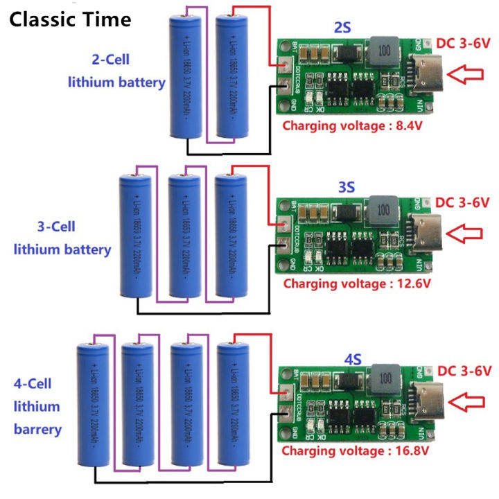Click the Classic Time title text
70,19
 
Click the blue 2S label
343,28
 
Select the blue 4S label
353,360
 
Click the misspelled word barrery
37,429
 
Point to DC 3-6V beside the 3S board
462,202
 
